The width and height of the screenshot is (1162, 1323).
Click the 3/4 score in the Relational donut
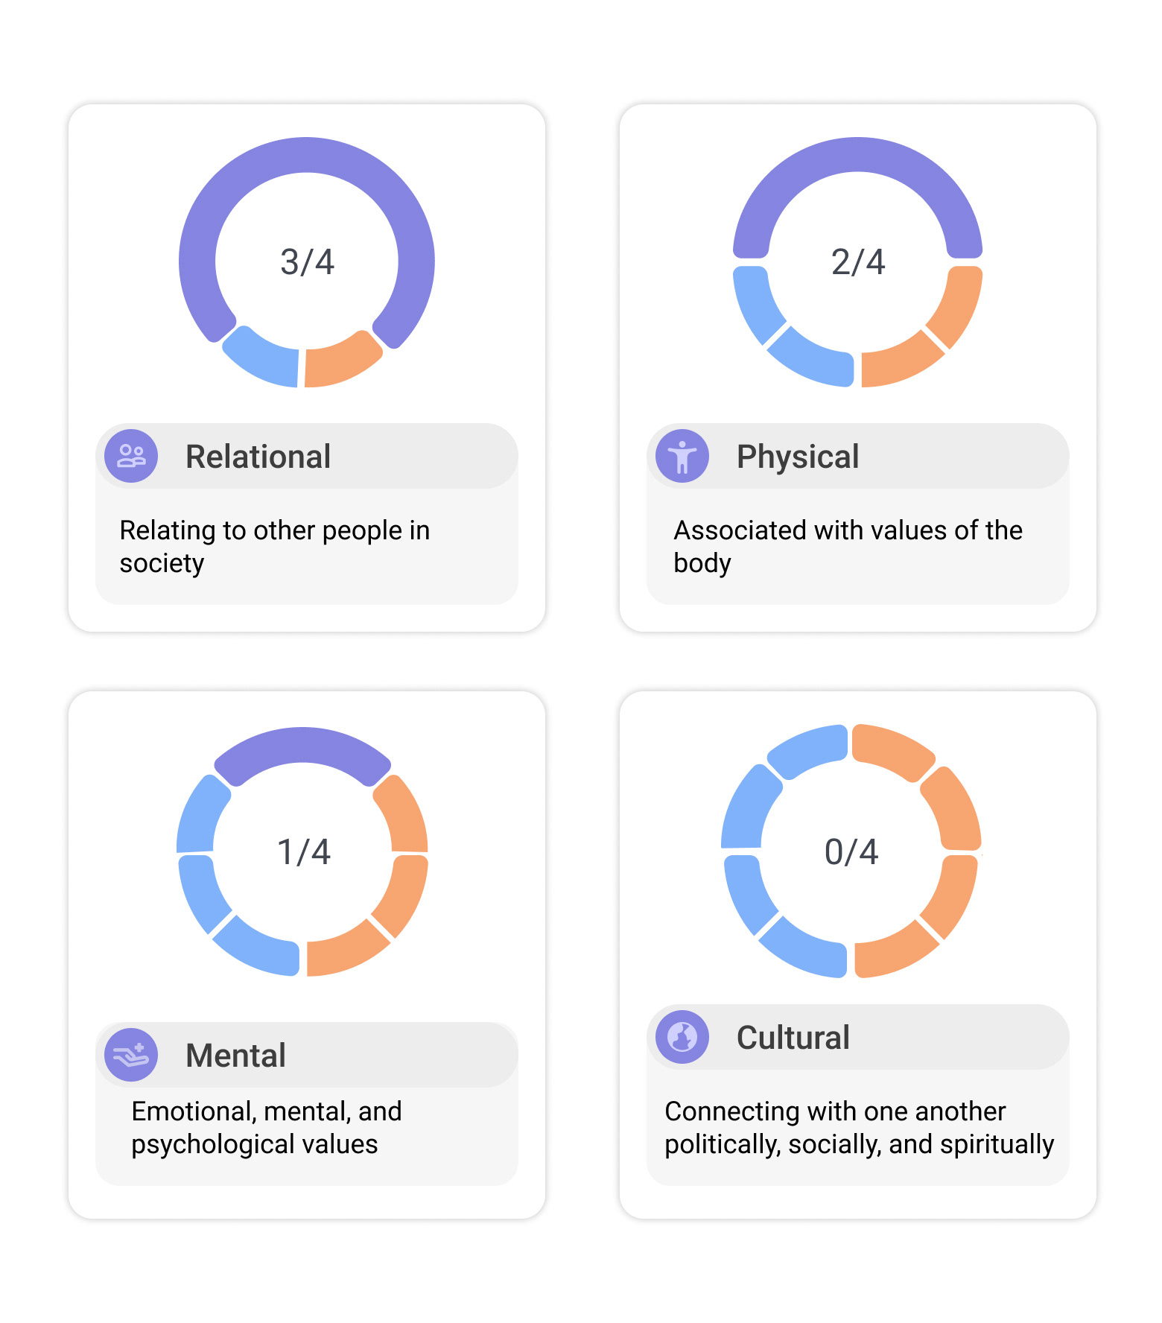pos(307,262)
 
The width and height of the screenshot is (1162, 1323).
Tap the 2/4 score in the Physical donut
pos(858,262)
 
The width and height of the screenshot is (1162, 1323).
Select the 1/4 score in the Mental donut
pos(304,852)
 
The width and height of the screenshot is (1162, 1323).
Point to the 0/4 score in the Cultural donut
pos(851,852)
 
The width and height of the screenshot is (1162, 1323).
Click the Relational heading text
pos(258,457)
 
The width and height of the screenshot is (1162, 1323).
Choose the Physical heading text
pos(798,457)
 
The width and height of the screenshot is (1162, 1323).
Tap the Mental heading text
pos(235,1056)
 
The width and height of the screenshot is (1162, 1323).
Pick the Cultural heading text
pos(793,1038)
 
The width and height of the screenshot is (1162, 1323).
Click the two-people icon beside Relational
pos(131,456)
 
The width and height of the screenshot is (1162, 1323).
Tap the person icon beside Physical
pos(682,456)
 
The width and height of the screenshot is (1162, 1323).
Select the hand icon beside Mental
pos(131,1055)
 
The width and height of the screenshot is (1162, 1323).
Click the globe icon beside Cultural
pos(682,1037)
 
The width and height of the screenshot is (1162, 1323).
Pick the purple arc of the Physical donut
pos(858,155)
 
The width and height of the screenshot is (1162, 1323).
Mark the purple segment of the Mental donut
pos(302,746)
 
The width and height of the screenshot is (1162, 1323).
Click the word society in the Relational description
pos(162,563)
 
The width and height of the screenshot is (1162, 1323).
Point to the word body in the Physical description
pos(702,563)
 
